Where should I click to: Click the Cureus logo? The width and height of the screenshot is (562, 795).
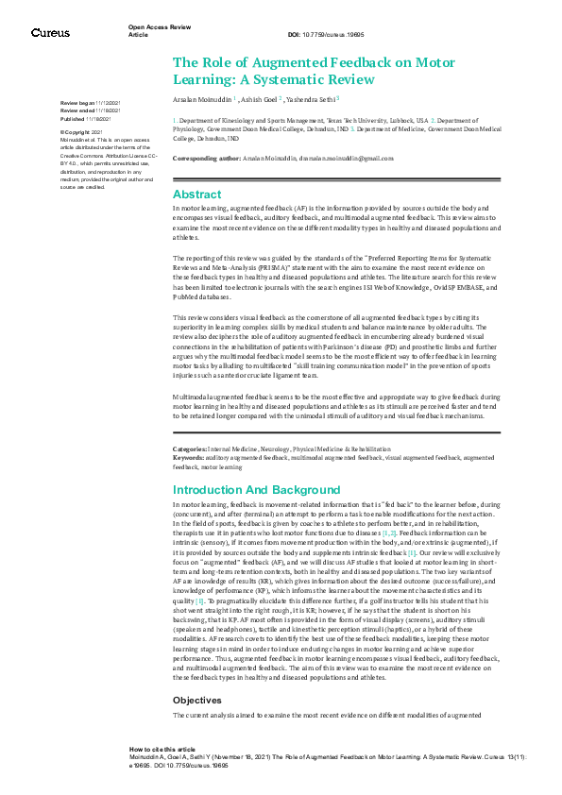click(50, 33)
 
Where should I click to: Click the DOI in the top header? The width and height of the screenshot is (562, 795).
click(326, 34)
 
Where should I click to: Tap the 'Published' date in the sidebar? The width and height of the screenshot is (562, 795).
click(98, 120)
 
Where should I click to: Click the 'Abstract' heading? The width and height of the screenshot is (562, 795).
click(197, 194)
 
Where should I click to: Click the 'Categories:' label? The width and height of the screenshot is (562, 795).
click(191, 448)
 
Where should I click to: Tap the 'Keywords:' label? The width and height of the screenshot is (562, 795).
click(190, 457)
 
